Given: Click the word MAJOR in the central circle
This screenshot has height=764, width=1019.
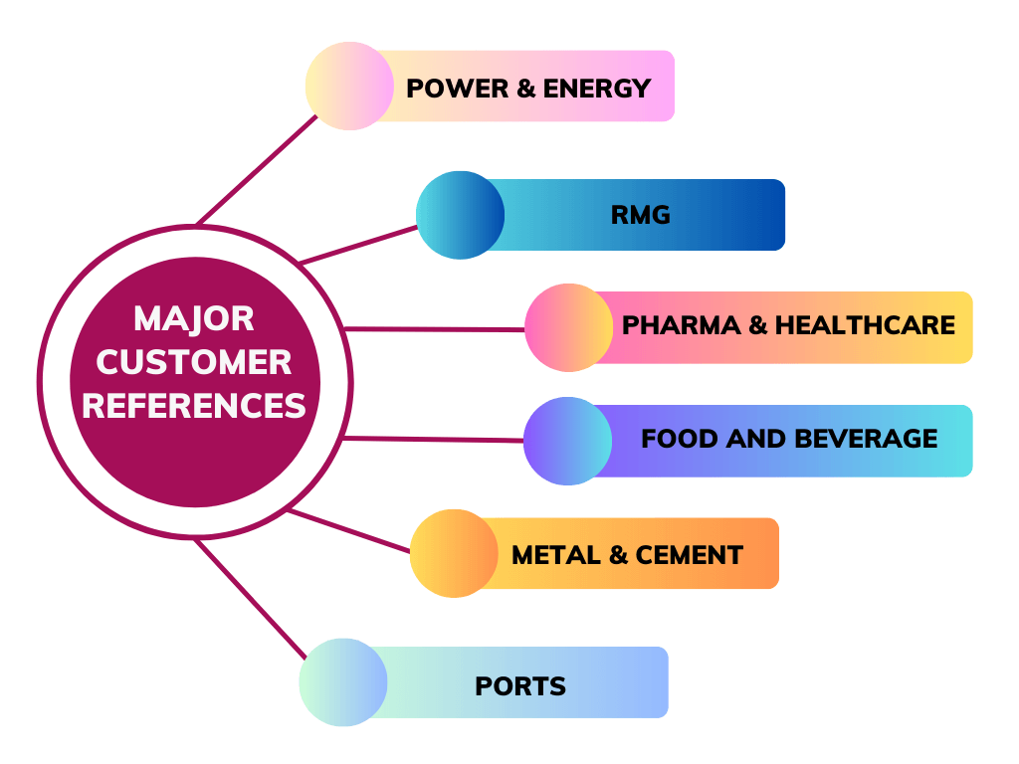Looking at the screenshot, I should tap(194, 319).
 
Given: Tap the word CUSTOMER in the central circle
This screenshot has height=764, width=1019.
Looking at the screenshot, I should tap(194, 362).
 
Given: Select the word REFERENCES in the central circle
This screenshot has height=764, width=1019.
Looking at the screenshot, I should tap(194, 406).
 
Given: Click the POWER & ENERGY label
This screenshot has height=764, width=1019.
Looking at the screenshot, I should tap(528, 88).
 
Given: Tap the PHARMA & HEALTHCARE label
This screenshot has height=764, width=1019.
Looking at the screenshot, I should tap(788, 325).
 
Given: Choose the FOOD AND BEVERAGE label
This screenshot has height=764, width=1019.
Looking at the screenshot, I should tap(789, 439).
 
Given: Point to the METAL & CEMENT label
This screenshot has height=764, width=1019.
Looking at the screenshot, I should tap(627, 555).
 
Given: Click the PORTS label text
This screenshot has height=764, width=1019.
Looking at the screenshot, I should tap(520, 686).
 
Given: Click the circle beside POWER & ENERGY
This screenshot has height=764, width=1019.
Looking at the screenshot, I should tap(348, 87).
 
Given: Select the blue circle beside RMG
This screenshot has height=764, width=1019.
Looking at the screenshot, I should tap(460, 215).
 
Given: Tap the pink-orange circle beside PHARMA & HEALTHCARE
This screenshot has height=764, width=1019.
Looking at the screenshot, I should tap(568, 327).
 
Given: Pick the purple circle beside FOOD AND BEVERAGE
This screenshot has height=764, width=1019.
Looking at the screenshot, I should tap(567, 441).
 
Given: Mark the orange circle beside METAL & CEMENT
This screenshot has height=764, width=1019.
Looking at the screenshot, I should tap(454, 554).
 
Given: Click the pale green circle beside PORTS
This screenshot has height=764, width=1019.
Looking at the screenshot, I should tap(343, 682).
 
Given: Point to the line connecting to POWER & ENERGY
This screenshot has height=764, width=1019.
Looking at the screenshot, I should tap(257, 170).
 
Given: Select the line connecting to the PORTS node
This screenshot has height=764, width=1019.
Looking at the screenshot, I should tap(250, 598).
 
